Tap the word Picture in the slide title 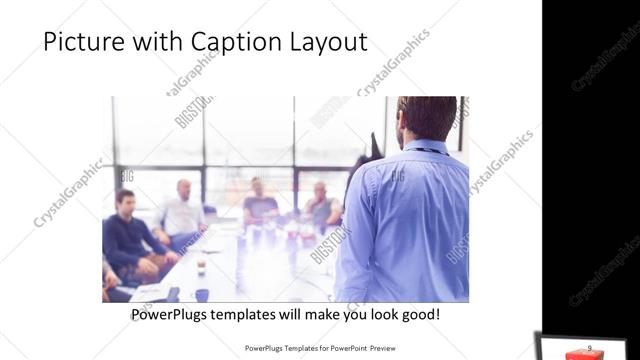click(84, 43)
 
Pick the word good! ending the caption click(418, 315)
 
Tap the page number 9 click(589, 346)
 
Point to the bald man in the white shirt click(183, 211)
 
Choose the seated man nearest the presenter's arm click(321, 205)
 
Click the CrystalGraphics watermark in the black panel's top click(604, 60)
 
